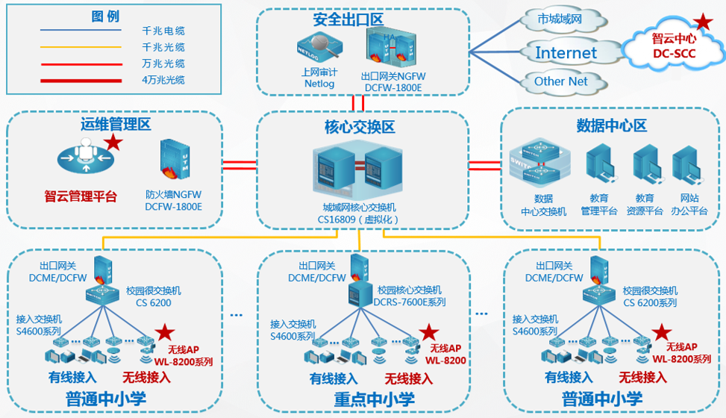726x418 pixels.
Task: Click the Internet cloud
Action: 566,52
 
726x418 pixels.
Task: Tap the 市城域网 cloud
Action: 559,20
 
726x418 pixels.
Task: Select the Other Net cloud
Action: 561,81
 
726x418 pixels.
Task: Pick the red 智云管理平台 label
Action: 81,197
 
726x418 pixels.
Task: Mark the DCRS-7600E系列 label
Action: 411,302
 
